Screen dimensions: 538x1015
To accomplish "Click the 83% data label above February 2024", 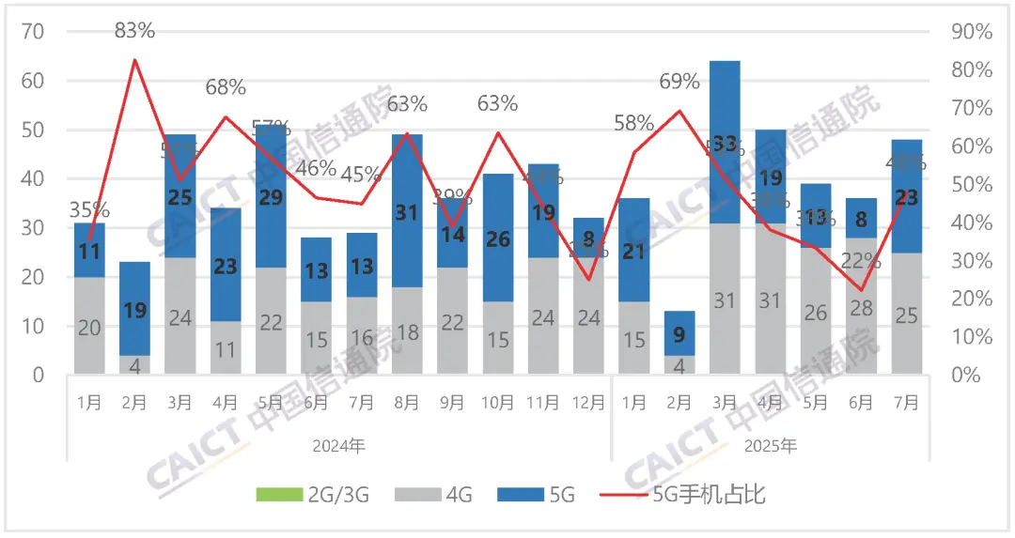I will pos(134,31).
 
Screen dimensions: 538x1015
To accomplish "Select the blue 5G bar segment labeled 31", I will pos(406,213).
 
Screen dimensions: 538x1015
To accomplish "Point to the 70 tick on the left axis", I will pos(33,32).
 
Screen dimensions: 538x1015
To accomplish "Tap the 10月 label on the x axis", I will pos(497,402).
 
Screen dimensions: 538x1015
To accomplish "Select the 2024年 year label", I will pos(338,446).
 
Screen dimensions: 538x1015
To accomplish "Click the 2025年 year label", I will pos(769,446).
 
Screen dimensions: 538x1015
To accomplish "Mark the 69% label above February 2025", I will pos(679,82).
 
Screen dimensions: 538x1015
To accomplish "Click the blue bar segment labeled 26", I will pos(497,239).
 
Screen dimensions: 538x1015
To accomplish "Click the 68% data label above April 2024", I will pos(225,87).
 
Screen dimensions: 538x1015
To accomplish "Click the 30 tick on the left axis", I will pos(33,228).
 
